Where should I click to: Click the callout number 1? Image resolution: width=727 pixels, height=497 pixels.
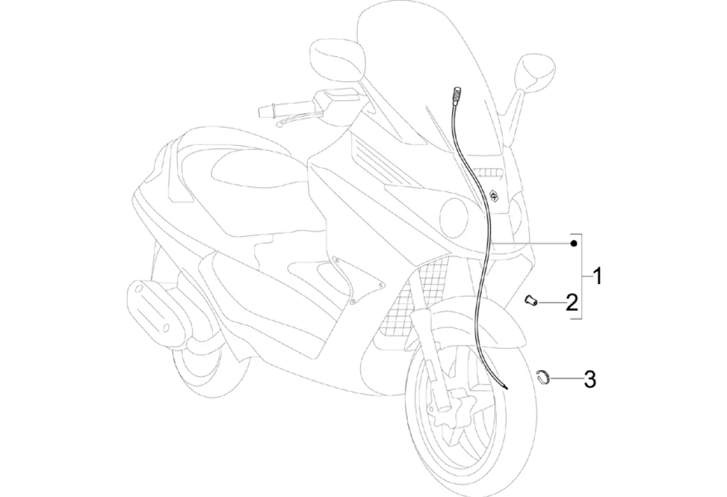coord(598,277)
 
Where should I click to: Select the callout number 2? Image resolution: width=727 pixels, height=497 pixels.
coord(571,302)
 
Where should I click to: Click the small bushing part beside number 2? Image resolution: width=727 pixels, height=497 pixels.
coord(532,300)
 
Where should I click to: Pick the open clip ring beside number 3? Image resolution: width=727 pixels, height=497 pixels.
coord(543,377)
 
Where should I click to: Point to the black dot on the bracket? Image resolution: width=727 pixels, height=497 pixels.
coord(574,243)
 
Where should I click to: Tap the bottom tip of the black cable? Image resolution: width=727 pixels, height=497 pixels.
coord(505,388)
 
